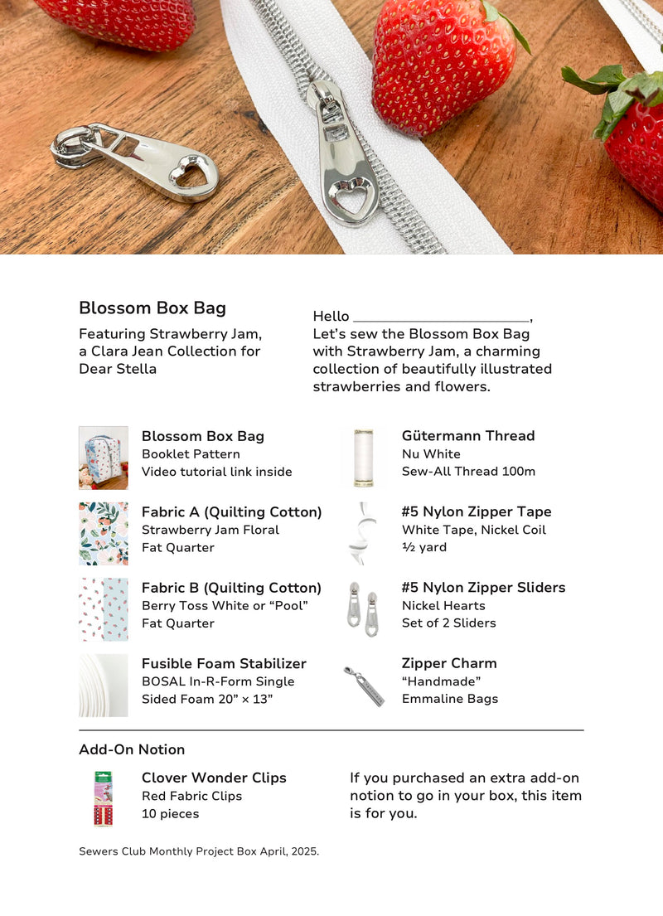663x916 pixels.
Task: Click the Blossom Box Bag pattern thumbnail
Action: pyautogui.click(x=104, y=458)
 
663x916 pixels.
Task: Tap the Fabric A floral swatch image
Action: pyautogui.click(x=104, y=533)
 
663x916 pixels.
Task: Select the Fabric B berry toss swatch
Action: pyautogui.click(x=104, y=609)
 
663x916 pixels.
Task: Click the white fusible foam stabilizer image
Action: pyautogui.click(x=104, y=685)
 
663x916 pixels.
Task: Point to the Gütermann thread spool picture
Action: pyautogui.click(x=363, y=458)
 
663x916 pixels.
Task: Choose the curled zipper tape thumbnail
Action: pyautogui.click(x=363, y=533)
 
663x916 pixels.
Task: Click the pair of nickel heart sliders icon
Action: pyautogui.click(x=363, y=609)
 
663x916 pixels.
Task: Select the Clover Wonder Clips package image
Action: pyautogui.click(x=104, y=798)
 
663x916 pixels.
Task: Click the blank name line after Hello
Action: pyautogui.click(x=441, y=317)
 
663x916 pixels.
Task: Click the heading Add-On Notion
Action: pyautogui.click(x=132, y=749)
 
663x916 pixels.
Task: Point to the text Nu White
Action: pyautogui.click(x=431, y=454)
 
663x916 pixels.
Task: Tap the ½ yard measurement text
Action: pyautogui.click(x=424, y=547)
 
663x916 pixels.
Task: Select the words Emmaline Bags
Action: pyautogui.click(x=450, y=699)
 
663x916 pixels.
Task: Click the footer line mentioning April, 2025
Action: pyautogui.click(x=199, y=851)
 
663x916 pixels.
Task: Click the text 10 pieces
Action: pyautogui.click(x=171, y=814)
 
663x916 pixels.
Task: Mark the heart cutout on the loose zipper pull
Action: pyautogui.click(x=193, y=175)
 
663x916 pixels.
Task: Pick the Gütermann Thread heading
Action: pyautogui.click(x=468, y=435)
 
